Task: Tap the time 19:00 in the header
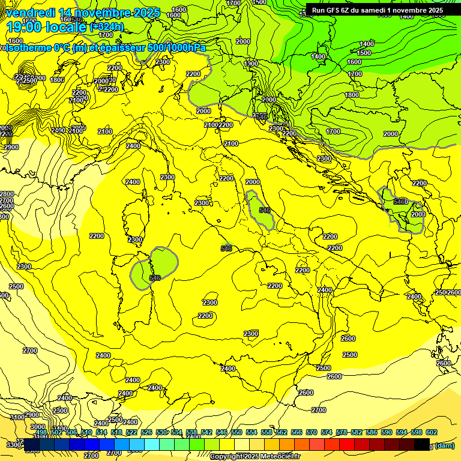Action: (25, 26)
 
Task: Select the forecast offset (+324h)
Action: (107, 27)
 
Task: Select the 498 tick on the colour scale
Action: (41, 433)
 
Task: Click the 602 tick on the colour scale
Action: (432, 433)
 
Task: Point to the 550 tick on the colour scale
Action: (237, 433)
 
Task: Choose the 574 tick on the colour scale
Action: (327, 433)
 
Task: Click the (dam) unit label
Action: (444, 445)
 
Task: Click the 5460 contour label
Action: (400, 202)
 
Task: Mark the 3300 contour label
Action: (13, 445)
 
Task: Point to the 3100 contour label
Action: (17, 417)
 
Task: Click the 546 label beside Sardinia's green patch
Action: (155, 278)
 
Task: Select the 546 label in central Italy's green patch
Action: (264, 210)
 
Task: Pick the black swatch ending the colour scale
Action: (422, 444)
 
